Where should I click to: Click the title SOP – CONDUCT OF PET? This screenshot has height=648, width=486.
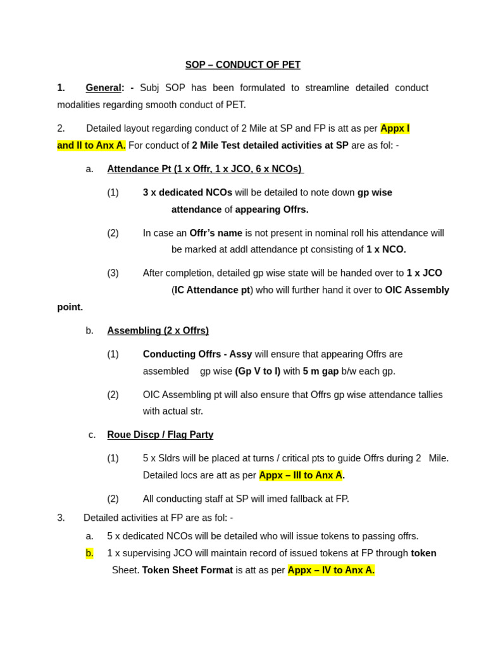242,65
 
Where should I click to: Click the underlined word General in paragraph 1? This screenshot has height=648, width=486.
103,88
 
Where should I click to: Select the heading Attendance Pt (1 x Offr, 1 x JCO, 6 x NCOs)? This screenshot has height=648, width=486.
205,169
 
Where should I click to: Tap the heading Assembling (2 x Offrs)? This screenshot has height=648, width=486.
158,330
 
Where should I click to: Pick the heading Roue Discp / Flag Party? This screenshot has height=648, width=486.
160,435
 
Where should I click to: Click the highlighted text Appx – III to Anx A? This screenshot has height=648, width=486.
301,475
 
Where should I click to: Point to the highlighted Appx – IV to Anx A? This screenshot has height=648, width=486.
331,570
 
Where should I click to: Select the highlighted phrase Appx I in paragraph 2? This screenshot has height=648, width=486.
395,128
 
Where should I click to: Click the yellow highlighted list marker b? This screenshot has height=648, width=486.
89,553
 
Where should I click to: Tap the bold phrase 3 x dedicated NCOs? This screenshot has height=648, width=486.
187,192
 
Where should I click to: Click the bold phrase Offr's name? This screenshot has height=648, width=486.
216,233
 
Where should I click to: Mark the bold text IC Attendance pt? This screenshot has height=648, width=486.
212,290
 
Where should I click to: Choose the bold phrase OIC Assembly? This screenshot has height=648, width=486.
417,290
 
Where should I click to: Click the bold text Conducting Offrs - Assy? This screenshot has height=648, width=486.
197,354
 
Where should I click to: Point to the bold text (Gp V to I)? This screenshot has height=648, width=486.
258,371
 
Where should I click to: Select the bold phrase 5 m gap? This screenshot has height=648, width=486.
321,371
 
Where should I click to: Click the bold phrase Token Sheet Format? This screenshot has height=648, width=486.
187,570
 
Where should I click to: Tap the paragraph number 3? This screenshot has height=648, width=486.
61,518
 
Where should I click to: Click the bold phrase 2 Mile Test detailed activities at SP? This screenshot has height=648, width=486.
270,146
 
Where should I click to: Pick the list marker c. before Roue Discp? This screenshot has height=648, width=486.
92,435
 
